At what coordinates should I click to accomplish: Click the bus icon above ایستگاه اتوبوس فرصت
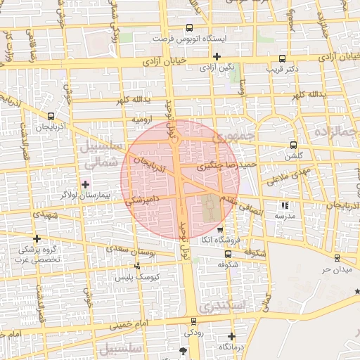[x=188, y=28]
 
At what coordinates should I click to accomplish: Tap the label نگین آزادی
[x=217, y=68]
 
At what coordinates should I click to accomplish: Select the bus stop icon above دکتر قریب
[x=282, y=59]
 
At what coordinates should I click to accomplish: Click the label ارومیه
[x=143, y=119]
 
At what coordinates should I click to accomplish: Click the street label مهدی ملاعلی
[x=285, y=172]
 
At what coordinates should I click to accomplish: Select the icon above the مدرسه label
[x=285, y=206]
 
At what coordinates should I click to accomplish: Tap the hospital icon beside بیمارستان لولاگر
[x=86, y=184]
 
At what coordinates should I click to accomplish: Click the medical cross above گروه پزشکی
[x=37, y=239]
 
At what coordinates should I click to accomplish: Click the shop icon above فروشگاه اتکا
[x=220, y=230]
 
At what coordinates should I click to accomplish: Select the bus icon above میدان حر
[x=337, y=258]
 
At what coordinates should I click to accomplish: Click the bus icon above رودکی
[x=192, y=320]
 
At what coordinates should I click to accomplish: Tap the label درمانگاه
[x=231, y=347]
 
